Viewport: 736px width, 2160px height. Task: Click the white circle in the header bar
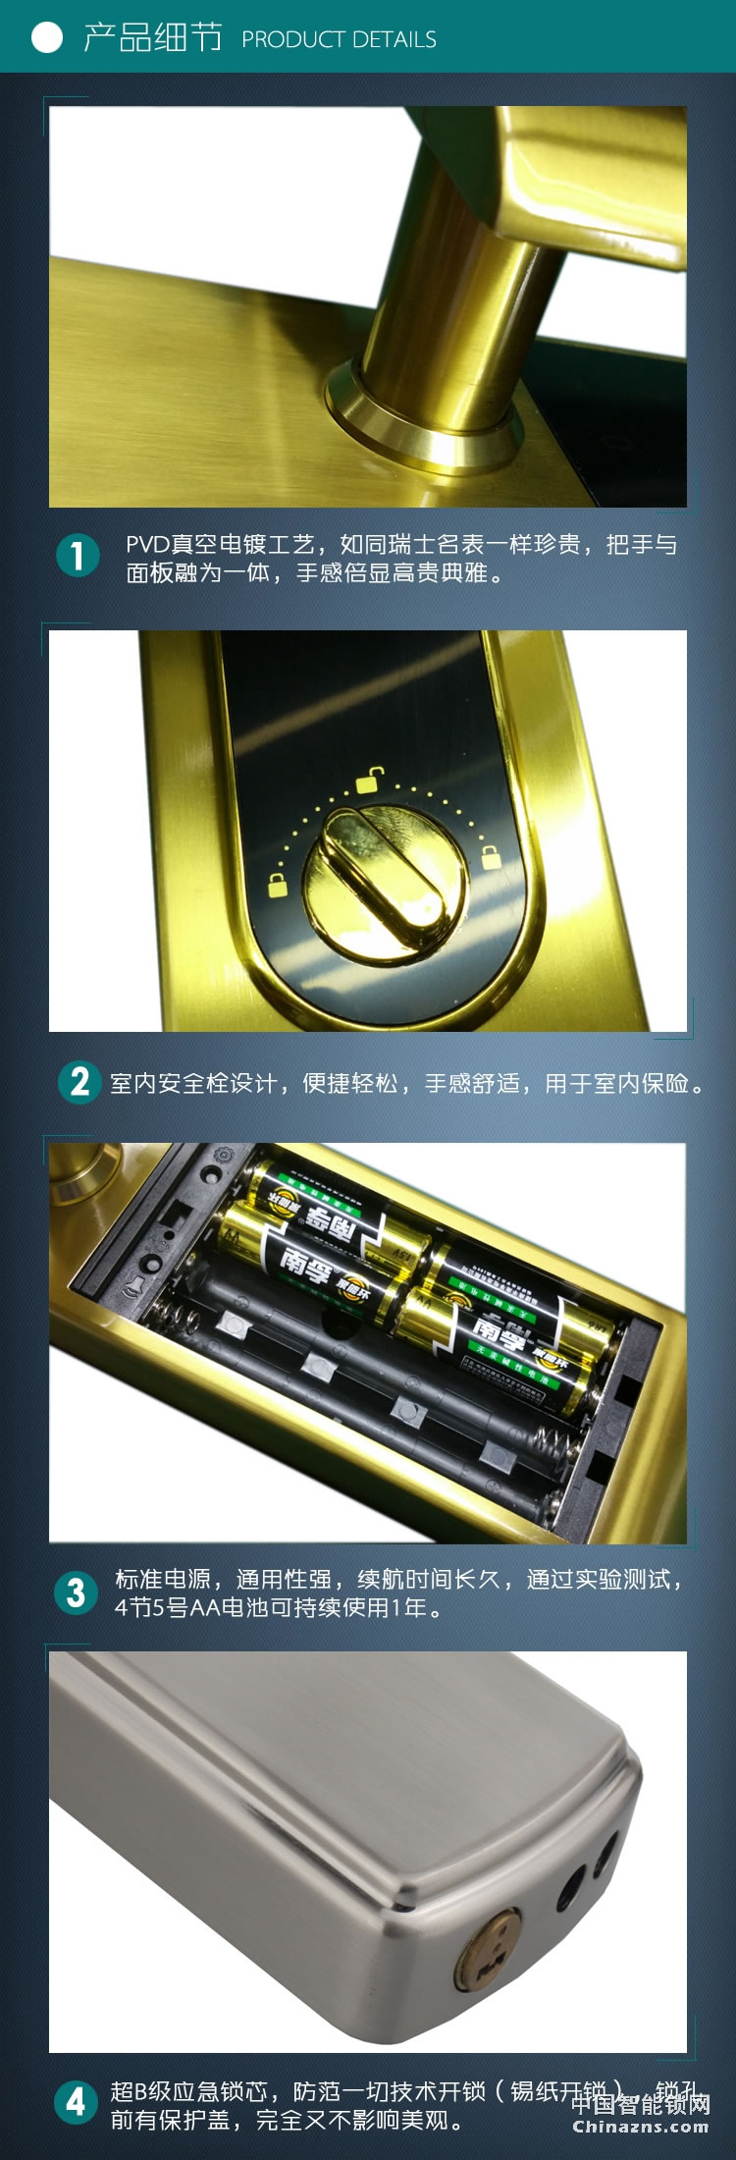pos(46,37)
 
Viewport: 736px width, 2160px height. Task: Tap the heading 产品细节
pos(152,37)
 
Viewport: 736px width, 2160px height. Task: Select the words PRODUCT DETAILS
pos(339,39)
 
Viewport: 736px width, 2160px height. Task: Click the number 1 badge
pos(78,556)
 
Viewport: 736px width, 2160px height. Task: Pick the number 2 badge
pos(79,1082)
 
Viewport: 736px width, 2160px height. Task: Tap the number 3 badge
pos(77,1593)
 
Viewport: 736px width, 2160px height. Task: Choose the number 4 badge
pos(77,2102)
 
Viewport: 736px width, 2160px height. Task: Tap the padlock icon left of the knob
pos(279,884)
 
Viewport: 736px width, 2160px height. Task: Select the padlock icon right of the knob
pos(490,856)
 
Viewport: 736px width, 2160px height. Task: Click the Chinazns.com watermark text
pos(640,2127)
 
